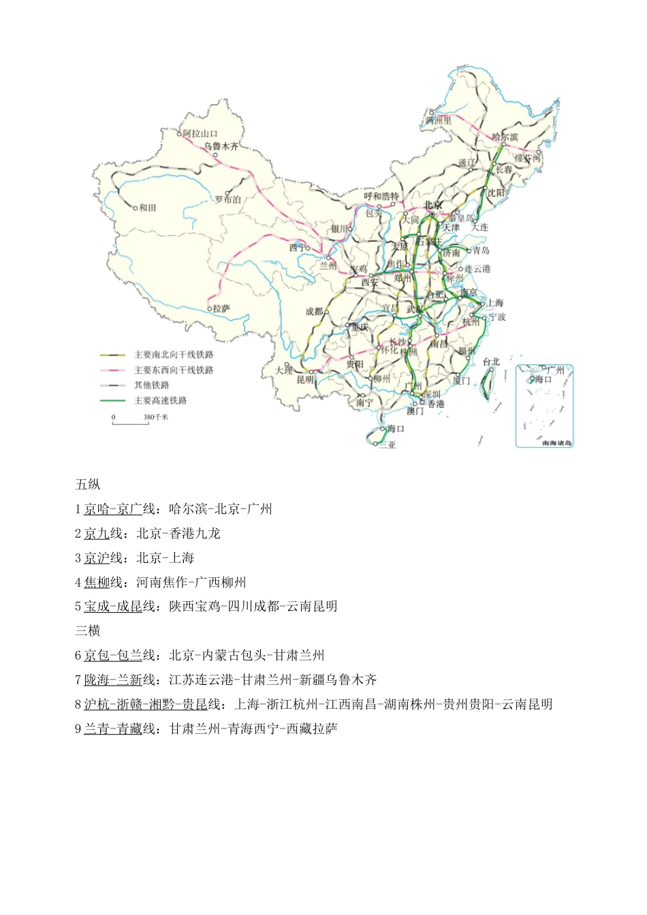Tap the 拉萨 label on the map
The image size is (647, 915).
221,308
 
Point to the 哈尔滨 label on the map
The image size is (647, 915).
505,137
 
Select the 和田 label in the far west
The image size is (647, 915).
148,208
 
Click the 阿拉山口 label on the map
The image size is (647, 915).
200,133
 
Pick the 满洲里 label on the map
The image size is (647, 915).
438,121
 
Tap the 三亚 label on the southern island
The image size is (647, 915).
388,445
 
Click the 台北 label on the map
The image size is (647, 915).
491,362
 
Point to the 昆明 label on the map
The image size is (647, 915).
305,379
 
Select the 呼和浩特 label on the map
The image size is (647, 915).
381,196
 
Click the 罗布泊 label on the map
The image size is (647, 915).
227,199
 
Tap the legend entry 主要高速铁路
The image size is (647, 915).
160,400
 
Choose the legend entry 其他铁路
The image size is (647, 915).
152,385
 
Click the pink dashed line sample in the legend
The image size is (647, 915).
112,370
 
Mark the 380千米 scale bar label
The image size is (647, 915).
156,417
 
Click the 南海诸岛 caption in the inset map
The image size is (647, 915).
557,443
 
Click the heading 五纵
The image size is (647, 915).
88,484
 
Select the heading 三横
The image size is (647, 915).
88,630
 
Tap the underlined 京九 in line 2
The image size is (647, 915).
97,533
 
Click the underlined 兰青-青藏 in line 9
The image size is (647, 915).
113,728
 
